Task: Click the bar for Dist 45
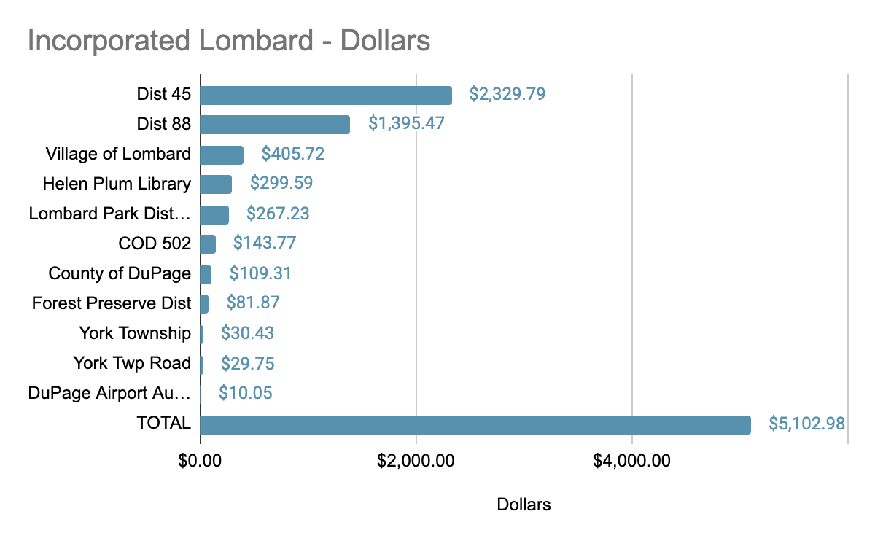tap(326, 95)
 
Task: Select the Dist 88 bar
tap(275, 125)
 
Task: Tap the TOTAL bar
tap(475, 424)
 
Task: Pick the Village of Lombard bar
tap(222, 155)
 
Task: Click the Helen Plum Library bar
tap(216, 184)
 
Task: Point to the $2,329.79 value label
tap(507, 94)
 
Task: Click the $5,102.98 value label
tap(807, 424)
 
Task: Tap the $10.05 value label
tap(246, 394)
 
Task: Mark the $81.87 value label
tap(253, 303)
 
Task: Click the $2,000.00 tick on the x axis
tap(416, 461)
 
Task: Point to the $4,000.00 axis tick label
tap(631, 461)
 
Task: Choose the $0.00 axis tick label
tap(200, 461)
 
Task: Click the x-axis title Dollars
tap(524, 505)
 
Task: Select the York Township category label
tap(135, 334)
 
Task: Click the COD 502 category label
tap(155, 244)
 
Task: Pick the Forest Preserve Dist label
tap(112, 303)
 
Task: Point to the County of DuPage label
tap(120, 273)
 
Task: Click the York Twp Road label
tap(132, 364)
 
